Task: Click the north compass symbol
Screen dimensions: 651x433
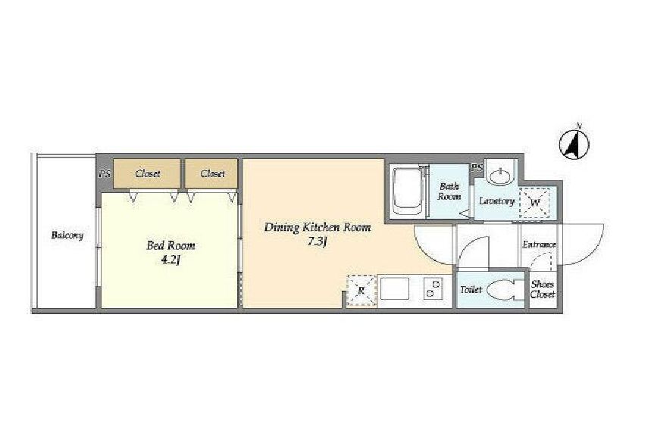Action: pos(574,145)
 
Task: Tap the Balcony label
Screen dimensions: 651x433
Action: pos(67,235)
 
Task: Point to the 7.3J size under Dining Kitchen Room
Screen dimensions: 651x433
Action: pos(317,241)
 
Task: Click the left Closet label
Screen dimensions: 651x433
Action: pos(147,173)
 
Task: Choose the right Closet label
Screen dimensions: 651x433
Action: pos(212,173)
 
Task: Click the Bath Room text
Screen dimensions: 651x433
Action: pos(449,192)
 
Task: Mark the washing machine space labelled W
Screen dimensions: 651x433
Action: pos(535,203)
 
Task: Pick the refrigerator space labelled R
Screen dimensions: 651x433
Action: pos(361,291)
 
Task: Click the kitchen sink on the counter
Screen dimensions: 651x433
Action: pos(394,288)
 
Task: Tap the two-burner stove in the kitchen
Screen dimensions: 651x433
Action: pos(433,288)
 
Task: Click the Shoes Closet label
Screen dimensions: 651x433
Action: pos(543,289)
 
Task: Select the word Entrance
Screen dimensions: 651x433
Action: pos(539,245)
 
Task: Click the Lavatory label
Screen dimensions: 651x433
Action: pos(496,201)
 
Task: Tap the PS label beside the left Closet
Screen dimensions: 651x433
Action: pos(105,174)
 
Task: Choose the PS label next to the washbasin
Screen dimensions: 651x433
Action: pos(477,167)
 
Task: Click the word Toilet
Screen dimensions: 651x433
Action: pos(471,289)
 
